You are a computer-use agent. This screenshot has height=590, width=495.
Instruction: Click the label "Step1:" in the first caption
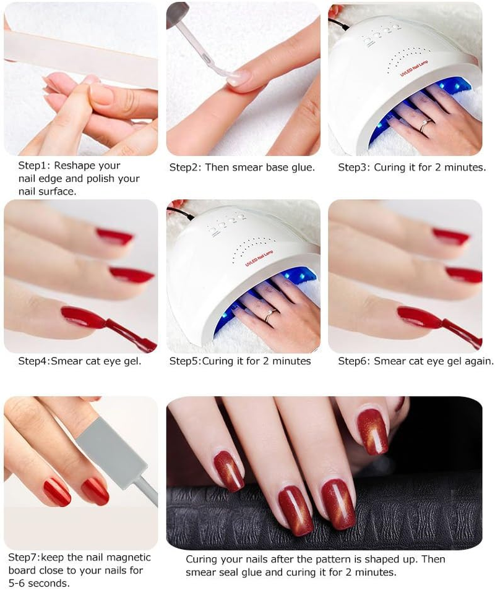pos(32,166)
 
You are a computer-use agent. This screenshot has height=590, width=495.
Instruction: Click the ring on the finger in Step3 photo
pos(425,125)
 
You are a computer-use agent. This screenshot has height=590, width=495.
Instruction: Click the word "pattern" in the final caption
pos(330,559)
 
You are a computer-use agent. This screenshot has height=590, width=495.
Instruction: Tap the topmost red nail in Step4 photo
pos(115,236)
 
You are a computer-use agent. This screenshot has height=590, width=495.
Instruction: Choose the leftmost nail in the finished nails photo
pos(229,471)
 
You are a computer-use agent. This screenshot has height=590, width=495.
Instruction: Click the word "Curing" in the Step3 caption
pos(391,168)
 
